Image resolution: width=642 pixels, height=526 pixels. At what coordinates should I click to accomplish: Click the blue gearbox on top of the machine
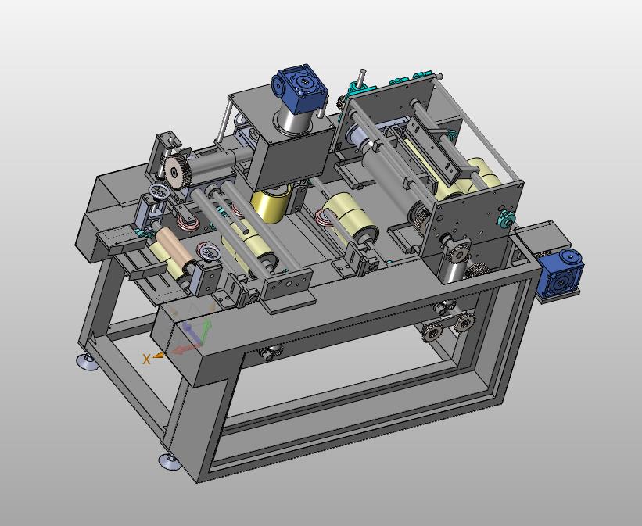click(300, 88)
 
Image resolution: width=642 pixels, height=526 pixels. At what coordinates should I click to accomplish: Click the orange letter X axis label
click(146, 360)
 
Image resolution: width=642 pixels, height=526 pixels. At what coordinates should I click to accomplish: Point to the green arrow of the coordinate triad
click(206, 330)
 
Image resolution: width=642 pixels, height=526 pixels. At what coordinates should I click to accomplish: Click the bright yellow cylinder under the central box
click(271, 203)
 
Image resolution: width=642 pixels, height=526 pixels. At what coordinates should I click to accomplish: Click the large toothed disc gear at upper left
click(174, 172)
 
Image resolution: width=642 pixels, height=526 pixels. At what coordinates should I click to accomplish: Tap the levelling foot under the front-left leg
click(170, 461)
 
